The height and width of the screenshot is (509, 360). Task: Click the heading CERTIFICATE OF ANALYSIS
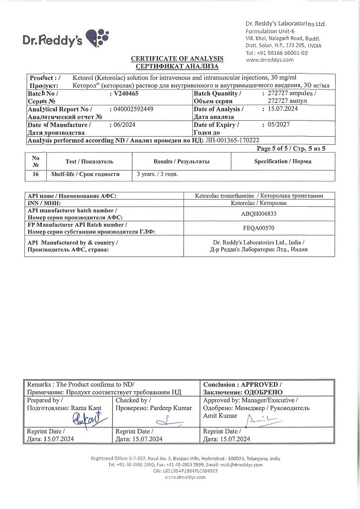[177, 59]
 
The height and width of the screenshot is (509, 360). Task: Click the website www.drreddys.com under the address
[270, 60]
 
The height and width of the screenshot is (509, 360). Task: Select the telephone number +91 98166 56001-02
[281, 53]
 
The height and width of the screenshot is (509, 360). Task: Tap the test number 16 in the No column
[35, 174]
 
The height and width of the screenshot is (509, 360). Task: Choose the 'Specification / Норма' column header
[283, 162]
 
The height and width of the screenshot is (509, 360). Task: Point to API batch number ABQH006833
[254, 214]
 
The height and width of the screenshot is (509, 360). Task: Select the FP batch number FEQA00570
[254, 228]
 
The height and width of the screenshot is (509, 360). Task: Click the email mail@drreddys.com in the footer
[240, 464]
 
